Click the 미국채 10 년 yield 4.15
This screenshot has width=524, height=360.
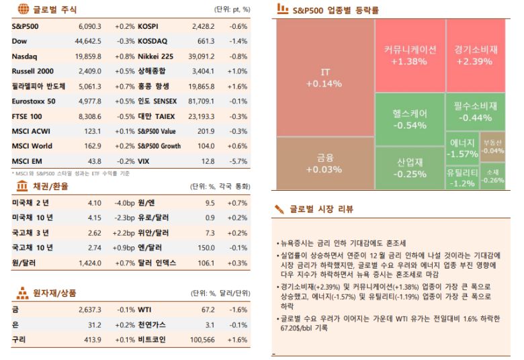[x=94, y=217]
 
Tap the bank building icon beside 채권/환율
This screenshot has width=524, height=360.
[x=21, y=185]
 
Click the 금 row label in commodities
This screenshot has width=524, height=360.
[x=15, y=310]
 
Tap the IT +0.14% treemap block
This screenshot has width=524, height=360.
[x=324, y=78]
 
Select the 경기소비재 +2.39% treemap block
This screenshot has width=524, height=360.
[x=475, y=55]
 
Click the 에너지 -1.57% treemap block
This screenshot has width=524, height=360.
[x=462, y=148]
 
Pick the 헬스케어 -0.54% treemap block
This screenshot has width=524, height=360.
[x=409, y=119]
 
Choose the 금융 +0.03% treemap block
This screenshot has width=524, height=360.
[x=324, y=163]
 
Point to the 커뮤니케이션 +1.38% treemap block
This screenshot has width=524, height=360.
[x=409, y=55]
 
